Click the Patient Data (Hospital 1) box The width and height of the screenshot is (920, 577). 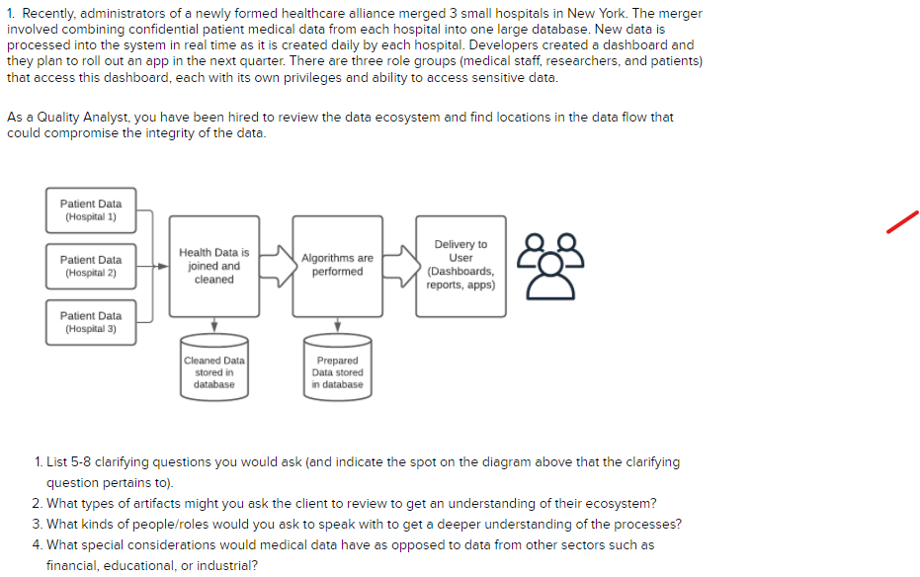click(x=91, y=209)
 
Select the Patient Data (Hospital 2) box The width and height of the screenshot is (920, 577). click(x=91, y=266)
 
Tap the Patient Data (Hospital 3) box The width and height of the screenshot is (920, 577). click(x=91, y=322)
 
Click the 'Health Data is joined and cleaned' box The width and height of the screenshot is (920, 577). click(x=213, y=266)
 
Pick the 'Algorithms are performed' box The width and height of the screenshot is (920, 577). click(x=337, y=266)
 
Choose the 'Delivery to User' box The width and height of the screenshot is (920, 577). click(x=460, y=264)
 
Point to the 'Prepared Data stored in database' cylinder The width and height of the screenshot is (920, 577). click(x=337, y=370)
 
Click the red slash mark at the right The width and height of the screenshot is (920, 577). click(x=903, y=221)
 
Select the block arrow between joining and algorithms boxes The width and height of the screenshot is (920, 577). click(x=276, y=266)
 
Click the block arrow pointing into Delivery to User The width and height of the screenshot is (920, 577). click(x=398, y=266)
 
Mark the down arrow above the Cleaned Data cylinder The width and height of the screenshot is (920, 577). click(x=213, y=327)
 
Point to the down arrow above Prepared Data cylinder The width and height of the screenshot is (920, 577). click(x=337, y=327)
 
